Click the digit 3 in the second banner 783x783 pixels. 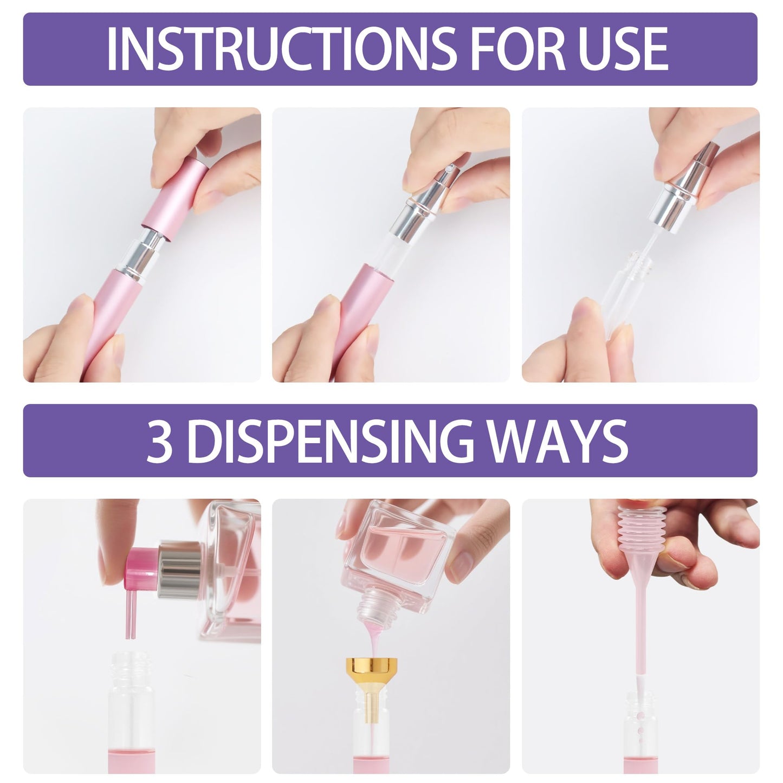click(x=159, y=441)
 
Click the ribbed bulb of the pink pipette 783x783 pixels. click(x=642, y=527)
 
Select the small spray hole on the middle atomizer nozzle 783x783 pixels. click(x=449, y=167)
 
